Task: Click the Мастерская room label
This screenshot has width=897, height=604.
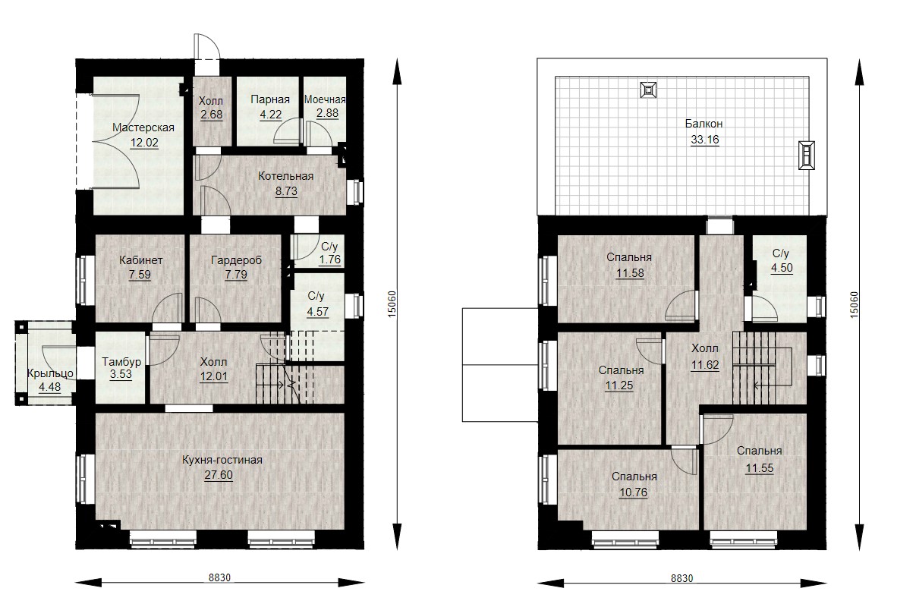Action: point(143,127)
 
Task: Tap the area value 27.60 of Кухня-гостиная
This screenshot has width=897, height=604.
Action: point(219,475)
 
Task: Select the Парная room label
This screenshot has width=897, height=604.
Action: point(270,99)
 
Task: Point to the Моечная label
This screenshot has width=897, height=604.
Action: point(325,99)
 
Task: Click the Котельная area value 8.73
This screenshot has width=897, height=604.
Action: point(286,191)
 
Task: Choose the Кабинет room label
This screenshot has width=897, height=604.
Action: point(140,260)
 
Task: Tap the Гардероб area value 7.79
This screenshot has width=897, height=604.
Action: point(236,275)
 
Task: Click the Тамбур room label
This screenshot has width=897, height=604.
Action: point(121,361)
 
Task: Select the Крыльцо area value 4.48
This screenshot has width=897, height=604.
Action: point(50,387)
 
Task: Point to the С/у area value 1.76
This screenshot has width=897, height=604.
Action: point(330,260)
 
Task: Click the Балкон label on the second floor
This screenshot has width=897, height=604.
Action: point(703,124)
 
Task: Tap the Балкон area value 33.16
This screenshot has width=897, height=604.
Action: point(705,140)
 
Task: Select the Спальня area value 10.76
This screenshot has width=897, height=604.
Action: point(633,492)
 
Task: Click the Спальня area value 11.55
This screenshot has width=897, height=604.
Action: point(759,468)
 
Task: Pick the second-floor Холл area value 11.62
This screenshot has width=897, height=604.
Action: point(705,365)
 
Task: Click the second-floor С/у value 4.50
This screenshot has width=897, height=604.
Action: point(782,269)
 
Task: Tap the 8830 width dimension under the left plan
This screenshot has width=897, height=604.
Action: point(219,577)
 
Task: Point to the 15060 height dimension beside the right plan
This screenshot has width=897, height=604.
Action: point(854,304)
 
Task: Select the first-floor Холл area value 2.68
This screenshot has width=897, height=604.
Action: point(212,115)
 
